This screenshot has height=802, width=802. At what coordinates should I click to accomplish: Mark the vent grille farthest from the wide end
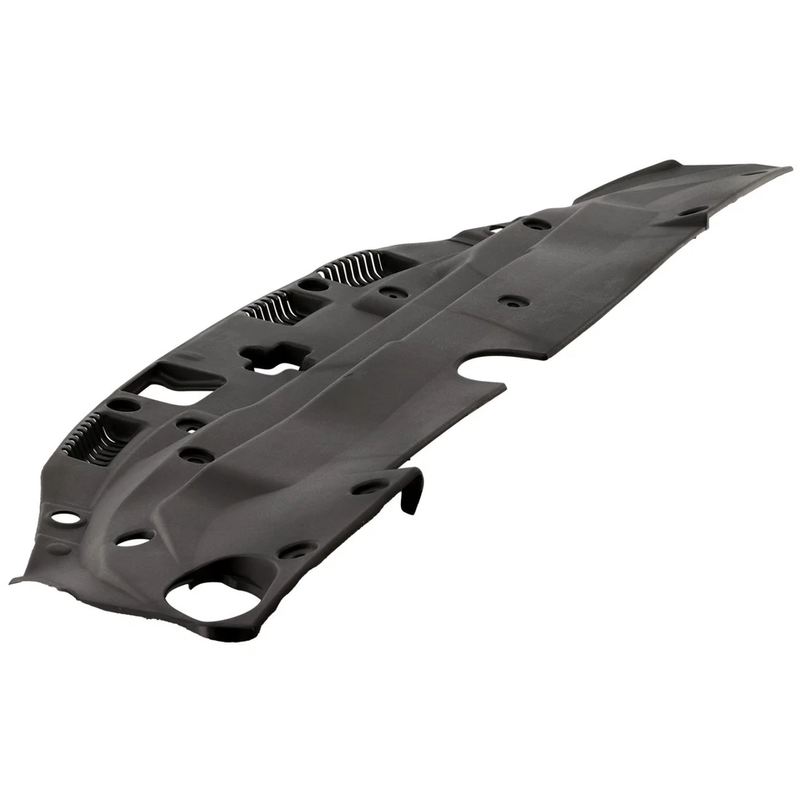(351, 268)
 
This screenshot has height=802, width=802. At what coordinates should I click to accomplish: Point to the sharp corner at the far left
(12, 578)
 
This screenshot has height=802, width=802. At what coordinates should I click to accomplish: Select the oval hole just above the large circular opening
(131, 541)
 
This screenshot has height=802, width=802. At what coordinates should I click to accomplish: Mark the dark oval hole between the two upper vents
(313, 285)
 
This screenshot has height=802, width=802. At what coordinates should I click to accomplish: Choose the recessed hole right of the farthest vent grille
(389, 294)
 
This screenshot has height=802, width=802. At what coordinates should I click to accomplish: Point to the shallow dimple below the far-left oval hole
(58, 547)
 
